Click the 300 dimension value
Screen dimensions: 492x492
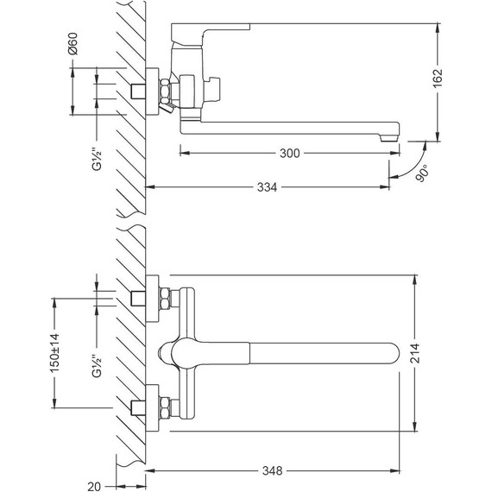(x=290, y=153)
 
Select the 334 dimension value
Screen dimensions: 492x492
(x=267, y=187)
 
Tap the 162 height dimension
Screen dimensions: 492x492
(x=438, y=79)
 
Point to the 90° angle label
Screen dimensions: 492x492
(x=422, y=173)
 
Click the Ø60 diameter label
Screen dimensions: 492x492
(x=73, y=44)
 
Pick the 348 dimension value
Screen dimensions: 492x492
(x=273, y=470)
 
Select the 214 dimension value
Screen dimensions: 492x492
(x=415, y=353)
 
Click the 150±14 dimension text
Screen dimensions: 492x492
(x=54, y=353)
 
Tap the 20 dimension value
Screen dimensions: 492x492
(x=94, y=487)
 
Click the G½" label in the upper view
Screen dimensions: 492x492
(x=97, y=161)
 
